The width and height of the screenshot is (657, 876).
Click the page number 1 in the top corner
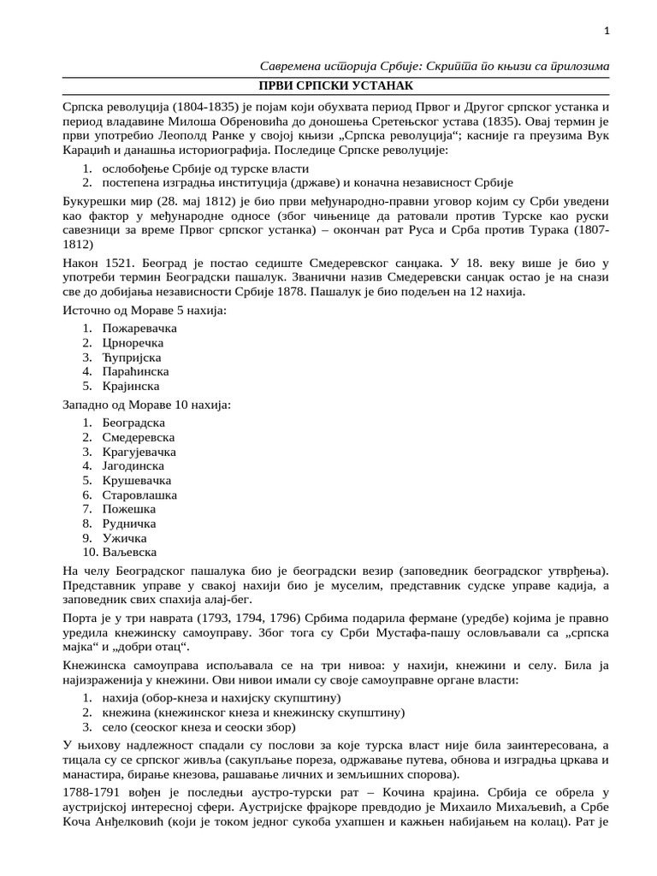click(606, 32)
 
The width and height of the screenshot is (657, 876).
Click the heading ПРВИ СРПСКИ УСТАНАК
click(336, 86)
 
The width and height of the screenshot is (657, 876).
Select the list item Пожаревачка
click(139, 328)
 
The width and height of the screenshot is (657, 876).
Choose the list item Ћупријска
click(132, 357)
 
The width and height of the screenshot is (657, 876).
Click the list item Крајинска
click(131, 386)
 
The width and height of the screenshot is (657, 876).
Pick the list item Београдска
click(133, 423)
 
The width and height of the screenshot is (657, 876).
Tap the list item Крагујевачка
click(139, 451)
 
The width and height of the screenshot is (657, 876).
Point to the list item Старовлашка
click(139, 494)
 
